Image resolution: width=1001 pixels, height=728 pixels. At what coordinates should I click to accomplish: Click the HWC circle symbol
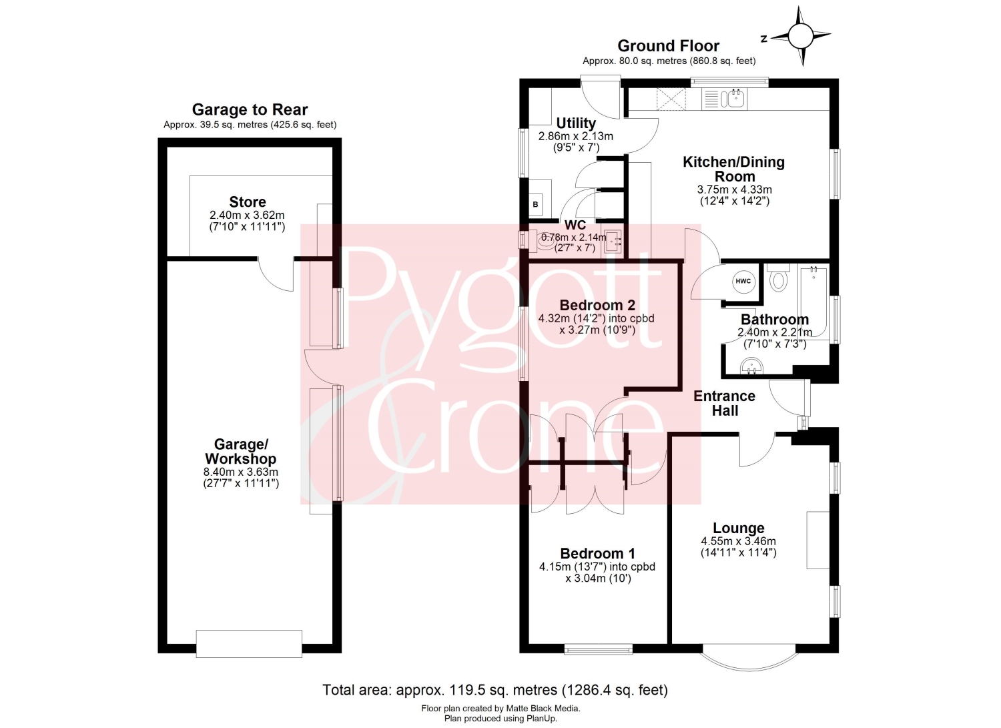(743, 281)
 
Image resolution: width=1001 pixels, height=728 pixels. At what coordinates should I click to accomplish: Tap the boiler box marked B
(535, 205)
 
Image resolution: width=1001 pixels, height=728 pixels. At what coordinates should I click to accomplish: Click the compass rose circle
(800, 36)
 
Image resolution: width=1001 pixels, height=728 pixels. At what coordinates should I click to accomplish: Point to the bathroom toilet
(779, 278)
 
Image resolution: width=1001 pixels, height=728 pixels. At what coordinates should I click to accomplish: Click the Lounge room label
(738, 528)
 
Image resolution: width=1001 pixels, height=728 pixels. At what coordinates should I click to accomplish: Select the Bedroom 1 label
(597, 553)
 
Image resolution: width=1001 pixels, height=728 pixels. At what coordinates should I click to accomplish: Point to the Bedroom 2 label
(597, 305)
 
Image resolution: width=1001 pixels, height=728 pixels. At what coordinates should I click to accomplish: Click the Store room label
(248, 202)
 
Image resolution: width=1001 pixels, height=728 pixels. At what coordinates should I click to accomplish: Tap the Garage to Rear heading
(250, 109)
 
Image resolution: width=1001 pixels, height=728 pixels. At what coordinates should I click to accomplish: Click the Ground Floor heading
(669, 45)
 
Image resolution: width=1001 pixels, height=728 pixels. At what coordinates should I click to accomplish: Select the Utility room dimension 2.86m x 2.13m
(575, 136)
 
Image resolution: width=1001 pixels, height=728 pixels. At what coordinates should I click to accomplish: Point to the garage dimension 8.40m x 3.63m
(241, 472)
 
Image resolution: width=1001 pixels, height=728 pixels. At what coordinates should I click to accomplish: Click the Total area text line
(495, 690)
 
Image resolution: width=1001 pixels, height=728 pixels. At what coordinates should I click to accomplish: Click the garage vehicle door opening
(249, 643)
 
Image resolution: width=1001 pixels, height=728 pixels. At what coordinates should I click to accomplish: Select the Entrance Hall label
(724, 403)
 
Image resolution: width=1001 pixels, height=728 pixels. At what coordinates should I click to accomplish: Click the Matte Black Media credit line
(500, 709)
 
